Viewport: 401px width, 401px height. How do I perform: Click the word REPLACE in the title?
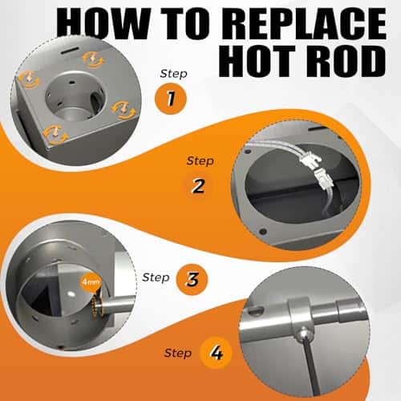coord(304,23)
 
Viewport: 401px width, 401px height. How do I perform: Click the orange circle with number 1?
coord(171,99)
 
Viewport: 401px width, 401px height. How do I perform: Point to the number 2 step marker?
coord(198,186)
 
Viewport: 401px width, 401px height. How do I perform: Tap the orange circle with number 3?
coord(192,280)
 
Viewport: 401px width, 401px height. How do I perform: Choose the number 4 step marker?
coord(216,353)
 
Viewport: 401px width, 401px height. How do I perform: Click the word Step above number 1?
coord(173,74)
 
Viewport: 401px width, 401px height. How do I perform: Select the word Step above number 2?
coord(200,161)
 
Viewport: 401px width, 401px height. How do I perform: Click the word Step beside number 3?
coord(156,277)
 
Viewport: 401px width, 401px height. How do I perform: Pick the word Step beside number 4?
coord(178,353)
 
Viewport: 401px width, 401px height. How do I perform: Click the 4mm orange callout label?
coord(91,282)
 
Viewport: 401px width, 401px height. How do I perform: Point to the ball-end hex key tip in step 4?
coord(302,334)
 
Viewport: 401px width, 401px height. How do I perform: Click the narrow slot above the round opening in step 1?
coord(69,51)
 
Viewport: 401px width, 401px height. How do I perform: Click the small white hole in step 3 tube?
coord(71,294)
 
